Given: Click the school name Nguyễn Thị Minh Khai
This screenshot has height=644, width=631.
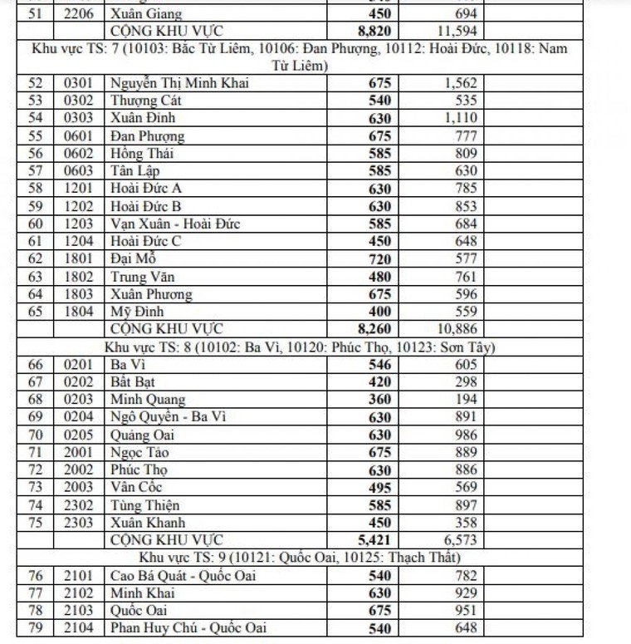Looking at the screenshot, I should pos(179,83).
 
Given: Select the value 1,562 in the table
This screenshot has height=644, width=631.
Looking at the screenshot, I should pos(458,83).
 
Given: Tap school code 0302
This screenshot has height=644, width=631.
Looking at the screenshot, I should pos(80,101).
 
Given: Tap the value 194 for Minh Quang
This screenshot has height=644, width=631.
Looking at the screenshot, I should pos(466,399).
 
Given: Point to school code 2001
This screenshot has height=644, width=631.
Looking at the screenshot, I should pos(80,452).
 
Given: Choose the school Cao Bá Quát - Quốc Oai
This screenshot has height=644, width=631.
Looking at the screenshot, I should pos(183,575).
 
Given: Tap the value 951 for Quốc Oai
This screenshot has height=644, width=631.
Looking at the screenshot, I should pos(466,611).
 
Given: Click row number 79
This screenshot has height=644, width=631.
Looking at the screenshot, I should pos(35,628).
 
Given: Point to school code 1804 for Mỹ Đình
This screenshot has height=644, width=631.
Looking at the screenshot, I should pos(80,312).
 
